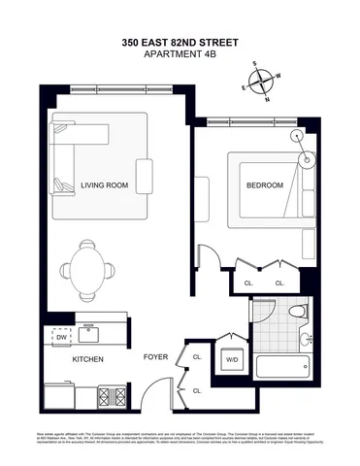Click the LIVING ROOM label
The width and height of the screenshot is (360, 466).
pyautogui.click(x=105, y=185)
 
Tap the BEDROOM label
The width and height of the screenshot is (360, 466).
pyautogui.click(x=265, y=185)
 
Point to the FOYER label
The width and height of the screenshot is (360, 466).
pyautogui.click(x=155, y=357)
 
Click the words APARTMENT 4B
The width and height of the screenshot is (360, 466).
pyautogui.click(x=180, y=56)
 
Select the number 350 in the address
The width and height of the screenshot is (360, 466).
pyautogui.click(x=133, y=43)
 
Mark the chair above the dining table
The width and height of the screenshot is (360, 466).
pyautogui.click(x=88, y=245)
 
